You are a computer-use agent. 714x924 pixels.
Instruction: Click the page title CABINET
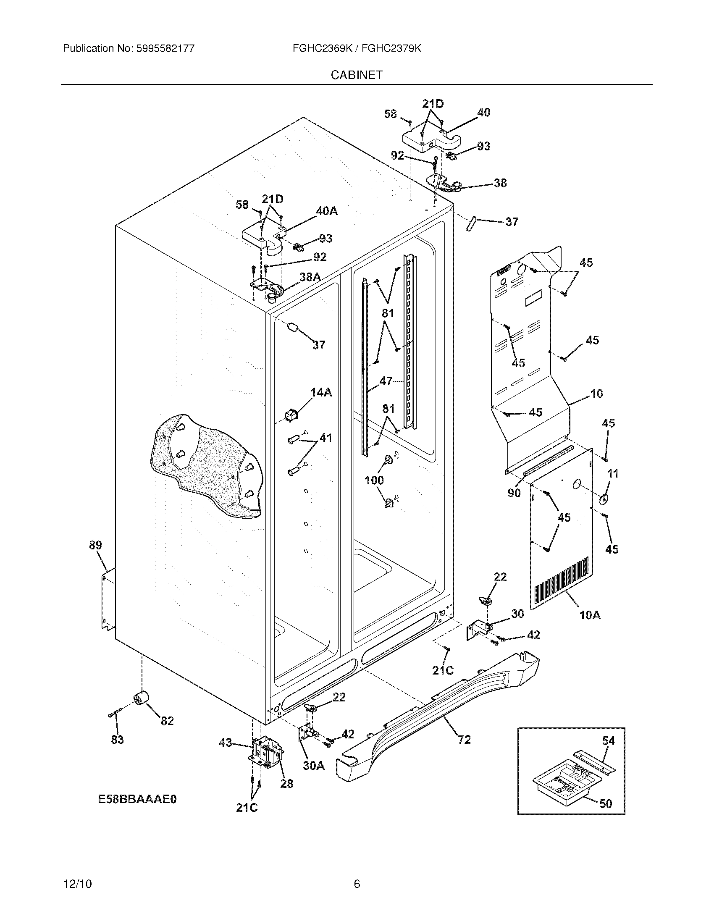point(357,75)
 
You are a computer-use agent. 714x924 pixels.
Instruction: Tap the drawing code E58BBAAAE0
point(137,799)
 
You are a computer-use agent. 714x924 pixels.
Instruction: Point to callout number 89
point(95,545)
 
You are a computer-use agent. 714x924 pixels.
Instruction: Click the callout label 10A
point(590,615)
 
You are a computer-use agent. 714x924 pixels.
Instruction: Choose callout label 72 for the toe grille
point(464,740)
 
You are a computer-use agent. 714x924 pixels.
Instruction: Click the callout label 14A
point(321,393)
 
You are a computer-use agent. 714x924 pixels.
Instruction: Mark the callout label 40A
point(326,211)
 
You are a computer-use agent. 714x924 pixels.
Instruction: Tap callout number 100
point(374,480)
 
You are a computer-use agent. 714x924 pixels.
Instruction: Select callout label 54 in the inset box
point(608,740)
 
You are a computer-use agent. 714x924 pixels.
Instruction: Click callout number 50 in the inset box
point(606,803)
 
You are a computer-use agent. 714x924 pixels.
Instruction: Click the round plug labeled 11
point(604,499)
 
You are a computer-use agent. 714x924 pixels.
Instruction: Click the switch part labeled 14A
point(291,415)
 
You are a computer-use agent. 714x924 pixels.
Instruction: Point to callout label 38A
point(310,277)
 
